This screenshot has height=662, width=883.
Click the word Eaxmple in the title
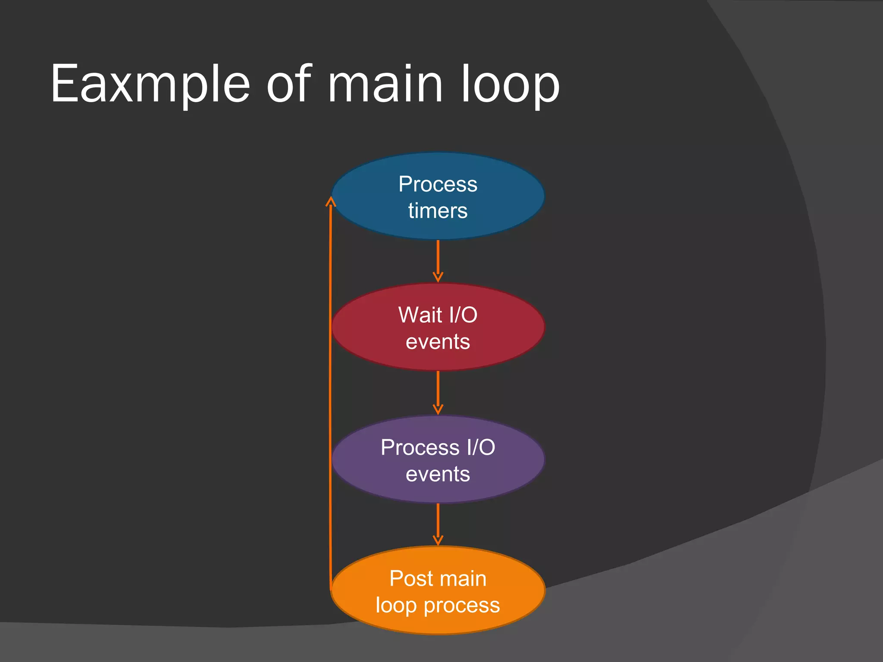coord(150,84)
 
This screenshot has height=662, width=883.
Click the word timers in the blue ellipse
coord(438,211)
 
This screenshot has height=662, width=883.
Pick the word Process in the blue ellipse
coord(438,184)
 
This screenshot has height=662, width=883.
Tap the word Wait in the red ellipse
coord(420,315)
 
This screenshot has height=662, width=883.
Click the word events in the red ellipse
coord(438,342)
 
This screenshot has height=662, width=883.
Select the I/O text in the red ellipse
coord(463,315)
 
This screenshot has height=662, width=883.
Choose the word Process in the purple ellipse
coord(420,447)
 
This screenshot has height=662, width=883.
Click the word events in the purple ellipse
coord(438,474)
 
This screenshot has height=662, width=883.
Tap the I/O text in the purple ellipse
coord(481,447)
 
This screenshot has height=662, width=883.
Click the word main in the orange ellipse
coord(463,578)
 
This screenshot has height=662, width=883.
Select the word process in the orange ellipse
coord(462,606)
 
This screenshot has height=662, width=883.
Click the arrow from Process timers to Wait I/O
coord(438,261)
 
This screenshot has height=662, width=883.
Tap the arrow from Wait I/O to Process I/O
coord(438,392)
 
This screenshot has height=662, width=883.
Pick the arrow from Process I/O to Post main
coord(438,524)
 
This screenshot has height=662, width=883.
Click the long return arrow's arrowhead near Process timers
coord(331,202)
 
